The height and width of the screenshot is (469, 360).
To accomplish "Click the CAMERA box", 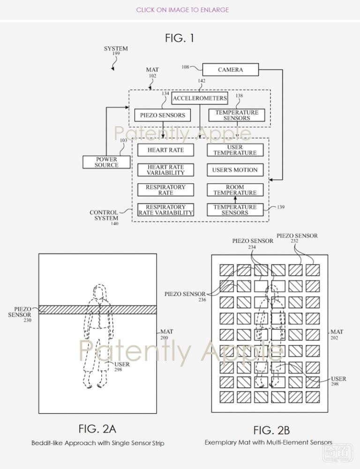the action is point(230,70).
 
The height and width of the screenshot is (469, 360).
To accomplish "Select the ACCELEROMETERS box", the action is point(200,98).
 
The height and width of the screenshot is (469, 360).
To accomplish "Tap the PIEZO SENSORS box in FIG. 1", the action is point(162,115).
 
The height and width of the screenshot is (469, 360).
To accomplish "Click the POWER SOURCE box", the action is point(106,162).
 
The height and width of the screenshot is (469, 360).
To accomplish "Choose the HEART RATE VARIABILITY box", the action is point(165,170).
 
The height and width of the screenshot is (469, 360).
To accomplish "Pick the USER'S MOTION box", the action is point(235,170).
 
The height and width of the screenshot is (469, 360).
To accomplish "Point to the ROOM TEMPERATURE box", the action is point(235,190).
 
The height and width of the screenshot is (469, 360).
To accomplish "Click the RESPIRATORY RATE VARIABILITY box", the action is point(165,210).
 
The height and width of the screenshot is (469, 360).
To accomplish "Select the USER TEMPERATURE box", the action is point(235,150).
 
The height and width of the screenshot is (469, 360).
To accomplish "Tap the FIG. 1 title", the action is point(180,38).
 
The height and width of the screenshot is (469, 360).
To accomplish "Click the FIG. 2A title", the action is point(97,429).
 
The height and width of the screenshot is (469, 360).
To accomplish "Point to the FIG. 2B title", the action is point(271,430).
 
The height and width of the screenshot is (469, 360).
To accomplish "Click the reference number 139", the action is point(280,207).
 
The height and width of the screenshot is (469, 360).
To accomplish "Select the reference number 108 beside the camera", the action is point(185,67).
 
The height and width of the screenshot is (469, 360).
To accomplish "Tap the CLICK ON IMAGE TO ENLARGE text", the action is point(182,10).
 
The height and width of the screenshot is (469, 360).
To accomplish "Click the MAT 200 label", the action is point(166,334).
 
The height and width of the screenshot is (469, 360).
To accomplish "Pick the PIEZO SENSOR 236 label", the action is point(185,296).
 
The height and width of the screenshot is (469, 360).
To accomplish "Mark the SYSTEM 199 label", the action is point(116,51).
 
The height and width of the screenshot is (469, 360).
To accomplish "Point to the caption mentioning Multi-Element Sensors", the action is point(269,442).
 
